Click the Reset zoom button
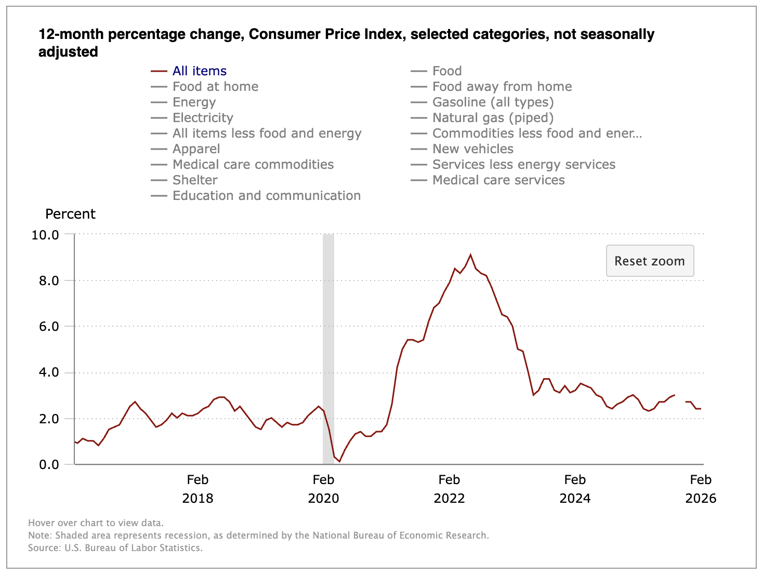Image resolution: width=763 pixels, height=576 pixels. tap(650, 261)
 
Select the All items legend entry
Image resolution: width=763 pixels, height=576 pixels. tap(200, 71)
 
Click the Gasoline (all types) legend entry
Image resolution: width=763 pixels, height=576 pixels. tap(493, 102)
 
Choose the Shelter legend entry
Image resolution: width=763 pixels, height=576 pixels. tap(195, 180)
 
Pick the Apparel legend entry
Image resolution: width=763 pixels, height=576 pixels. tap(196, 149)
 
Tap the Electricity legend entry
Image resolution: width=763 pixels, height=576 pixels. tap(203, 118)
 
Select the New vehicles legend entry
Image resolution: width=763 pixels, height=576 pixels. tap(472, 149)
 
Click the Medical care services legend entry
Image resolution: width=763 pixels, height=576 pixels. tap(498, 180)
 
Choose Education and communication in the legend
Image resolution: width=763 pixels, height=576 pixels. tap(266, 196)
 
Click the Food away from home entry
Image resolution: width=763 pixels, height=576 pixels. tap(502, 87)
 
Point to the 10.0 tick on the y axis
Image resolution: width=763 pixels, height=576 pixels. tap(45, 235)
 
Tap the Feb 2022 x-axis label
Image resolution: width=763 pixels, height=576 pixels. tap(449, 489)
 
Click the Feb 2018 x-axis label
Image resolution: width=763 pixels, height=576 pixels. tap(198, 489)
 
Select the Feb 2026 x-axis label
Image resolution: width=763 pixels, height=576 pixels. tap(701, 489)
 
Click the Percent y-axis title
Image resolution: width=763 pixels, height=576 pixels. tap(70, 214)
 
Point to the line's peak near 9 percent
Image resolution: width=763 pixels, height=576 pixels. tap(470, 254)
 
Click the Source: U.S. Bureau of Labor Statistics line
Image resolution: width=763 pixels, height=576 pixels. tap(115, 548)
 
